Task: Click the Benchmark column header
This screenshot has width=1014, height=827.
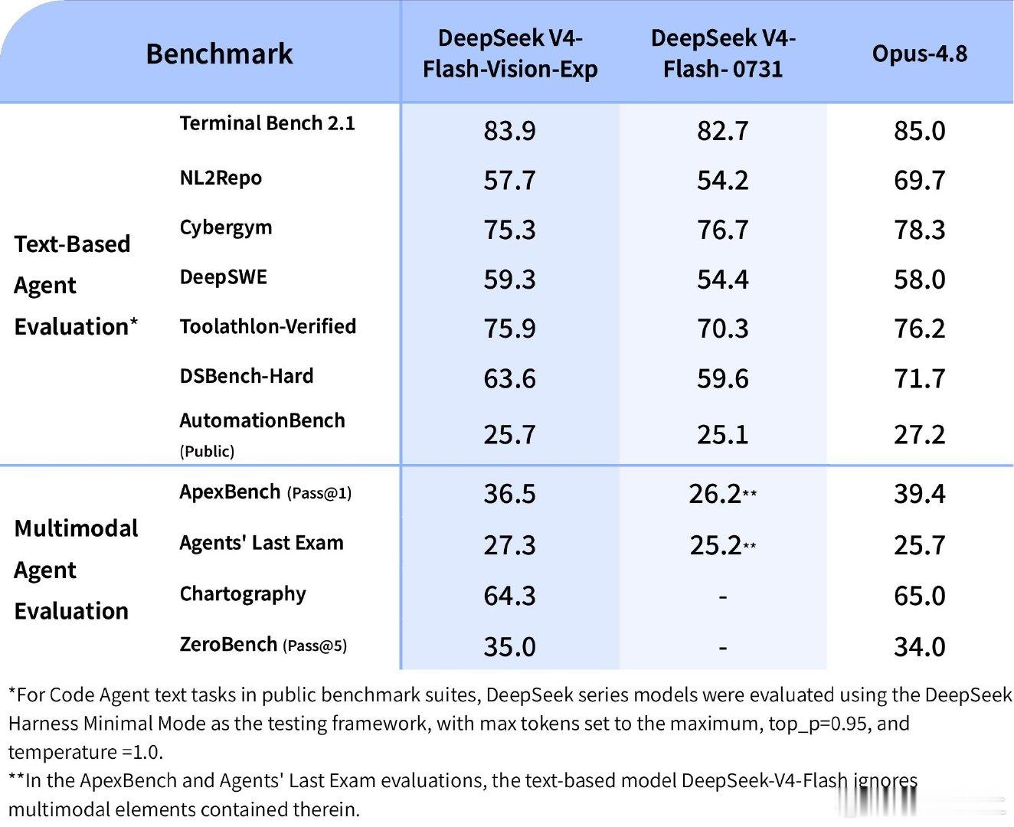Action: (x=219, y=54)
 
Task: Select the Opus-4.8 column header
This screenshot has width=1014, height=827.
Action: (x=919, y=54)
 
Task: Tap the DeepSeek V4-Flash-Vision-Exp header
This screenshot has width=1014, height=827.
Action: (x=510, y=54)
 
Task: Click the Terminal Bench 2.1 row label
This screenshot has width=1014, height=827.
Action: (x=267, y=123)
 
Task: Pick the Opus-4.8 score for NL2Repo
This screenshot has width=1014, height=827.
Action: (x=919, y=180)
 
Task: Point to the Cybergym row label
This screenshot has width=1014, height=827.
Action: (x=225, y=227)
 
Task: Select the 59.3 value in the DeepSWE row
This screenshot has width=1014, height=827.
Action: (x=509, y=279)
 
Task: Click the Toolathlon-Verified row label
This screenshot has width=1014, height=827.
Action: (x=268, y=326)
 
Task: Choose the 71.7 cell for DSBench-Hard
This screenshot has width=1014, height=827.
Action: (x=919, y=378)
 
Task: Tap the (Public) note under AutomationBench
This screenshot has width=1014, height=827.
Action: (x=207, y=451)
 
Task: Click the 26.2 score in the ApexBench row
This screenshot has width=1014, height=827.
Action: (x=715, y=494)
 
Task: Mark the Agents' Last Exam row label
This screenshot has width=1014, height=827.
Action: (x=262, y=543)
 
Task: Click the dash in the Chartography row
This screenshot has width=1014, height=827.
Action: (x=723, y=597)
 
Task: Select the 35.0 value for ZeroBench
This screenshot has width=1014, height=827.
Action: (x=509, y=647)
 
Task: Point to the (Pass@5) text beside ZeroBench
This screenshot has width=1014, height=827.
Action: (x=315, y=646)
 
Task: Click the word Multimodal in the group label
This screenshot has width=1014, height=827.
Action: (x=76, y=528)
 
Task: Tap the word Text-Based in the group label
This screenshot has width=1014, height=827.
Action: (x=72, y=244)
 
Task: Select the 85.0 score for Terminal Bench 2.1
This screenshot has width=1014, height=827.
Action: (x=919, y=131)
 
